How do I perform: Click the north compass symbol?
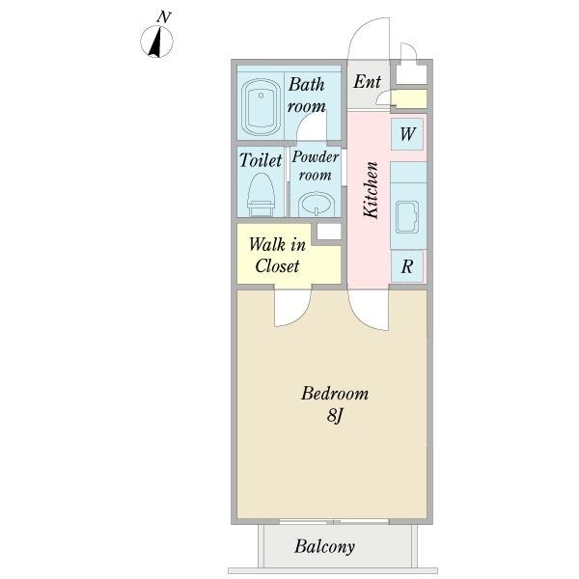click(x=156, y=41)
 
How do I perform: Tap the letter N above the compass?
click(x=164, y=17)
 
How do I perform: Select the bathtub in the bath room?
click(x=261, y=107)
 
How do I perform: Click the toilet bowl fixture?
click(x=262, y=195)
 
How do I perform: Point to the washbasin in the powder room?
click(x=317, y=205)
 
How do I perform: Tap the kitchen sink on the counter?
click(x=407, y=217)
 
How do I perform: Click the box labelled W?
click(x=407, y=134)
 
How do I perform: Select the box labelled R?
click(x=407, y=266)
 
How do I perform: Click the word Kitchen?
click(x=372, y=190)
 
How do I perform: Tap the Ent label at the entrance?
click(x=367, y=82)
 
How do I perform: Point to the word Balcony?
click(x=324, y=546)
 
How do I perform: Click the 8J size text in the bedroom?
click(x=335, y=416)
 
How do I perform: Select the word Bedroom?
click(x=335, y=394)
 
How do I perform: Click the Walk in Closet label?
click(x=277, y=255)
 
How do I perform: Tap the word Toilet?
click(x=261, y=160)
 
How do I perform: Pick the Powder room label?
click(x=315, y=166)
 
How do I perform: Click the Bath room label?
click(x=307, y=96)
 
